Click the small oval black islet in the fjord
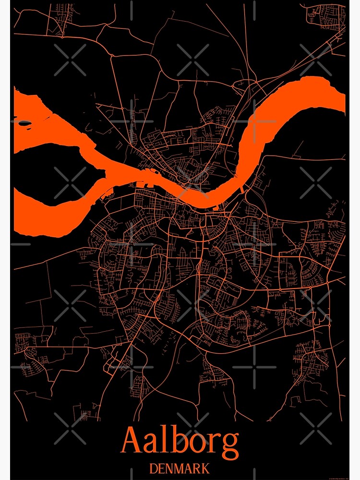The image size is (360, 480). [25, 123]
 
